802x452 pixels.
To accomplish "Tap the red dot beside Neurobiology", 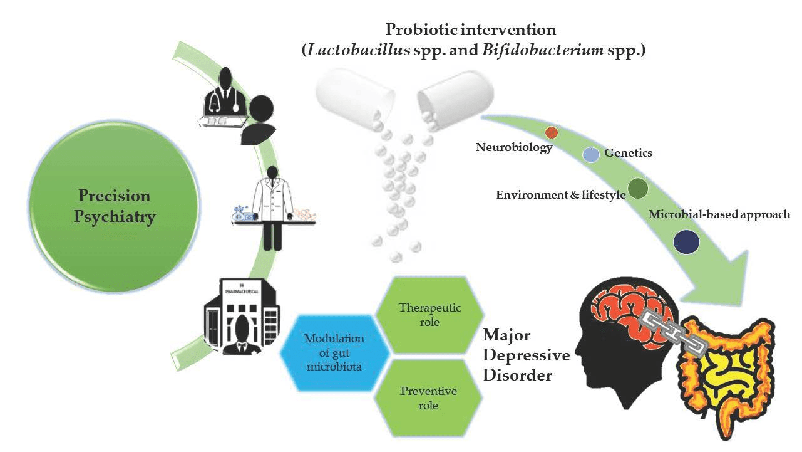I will pos(552,132).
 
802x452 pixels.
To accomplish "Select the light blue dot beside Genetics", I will pos(590,154).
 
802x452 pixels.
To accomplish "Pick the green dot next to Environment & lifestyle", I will pos(637,189).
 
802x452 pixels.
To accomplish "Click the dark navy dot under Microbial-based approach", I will pos(687,242).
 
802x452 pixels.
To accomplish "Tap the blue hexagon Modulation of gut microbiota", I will pos(334,352).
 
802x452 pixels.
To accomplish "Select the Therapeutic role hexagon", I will pos(429,315).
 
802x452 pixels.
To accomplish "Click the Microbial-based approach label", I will pos(719,214).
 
